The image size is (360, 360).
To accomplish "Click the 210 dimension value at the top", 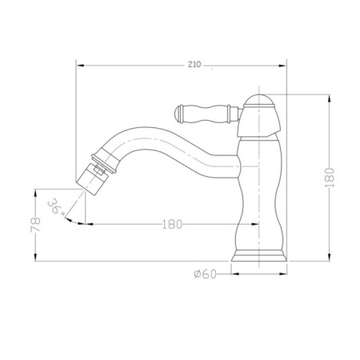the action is pyautogui.click(x=194, y=65).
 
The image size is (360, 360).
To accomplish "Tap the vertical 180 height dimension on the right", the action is pyautogui.click(x=330, y=178).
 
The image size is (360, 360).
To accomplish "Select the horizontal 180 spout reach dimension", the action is pyautogui.click(x=172, y=225).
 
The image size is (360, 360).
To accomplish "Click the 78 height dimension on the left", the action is pyautogui.click(x=35, y=225).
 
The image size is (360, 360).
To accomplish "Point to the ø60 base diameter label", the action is pyautogui.click(x=205, y=274).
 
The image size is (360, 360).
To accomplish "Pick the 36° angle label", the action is pyautogui.click(x=56, y=206).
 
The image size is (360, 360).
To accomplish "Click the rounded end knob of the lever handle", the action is pyautogui.click(x=178, y=114).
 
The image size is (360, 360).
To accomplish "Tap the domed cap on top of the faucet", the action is pyautogui.click(x=259, y=101).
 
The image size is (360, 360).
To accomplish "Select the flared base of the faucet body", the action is pyautogui.click(x=259, y=255).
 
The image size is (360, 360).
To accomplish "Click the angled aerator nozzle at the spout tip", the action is pyautogui.click(x=91, y=179).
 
